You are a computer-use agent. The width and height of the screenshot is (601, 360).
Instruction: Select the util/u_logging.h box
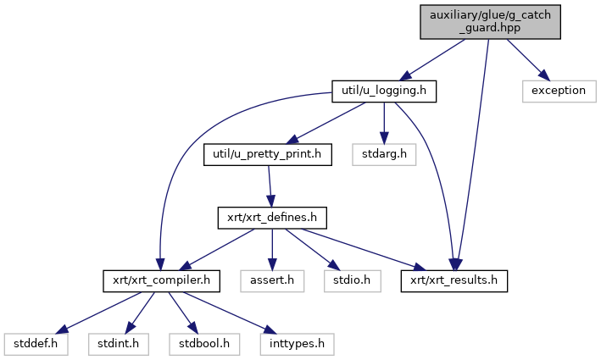point(383,91)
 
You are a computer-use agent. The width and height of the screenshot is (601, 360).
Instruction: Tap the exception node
point(559,91)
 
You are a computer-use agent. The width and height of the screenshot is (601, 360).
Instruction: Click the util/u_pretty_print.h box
point(267,155)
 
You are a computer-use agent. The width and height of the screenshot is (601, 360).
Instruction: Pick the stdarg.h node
point(391,155)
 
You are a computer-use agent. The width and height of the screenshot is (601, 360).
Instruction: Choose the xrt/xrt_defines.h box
point(270,218)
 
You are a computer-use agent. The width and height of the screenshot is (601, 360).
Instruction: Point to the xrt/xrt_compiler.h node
point(162,280)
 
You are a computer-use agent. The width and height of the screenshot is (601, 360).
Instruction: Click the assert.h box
point(271,280)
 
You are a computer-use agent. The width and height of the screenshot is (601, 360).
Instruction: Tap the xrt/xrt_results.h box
point(454,280)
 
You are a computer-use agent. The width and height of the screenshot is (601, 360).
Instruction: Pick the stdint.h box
point(114,343)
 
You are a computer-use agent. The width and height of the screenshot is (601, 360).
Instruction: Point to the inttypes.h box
point(297,343)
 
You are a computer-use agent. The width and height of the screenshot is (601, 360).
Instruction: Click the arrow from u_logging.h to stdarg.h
point(385,123)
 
